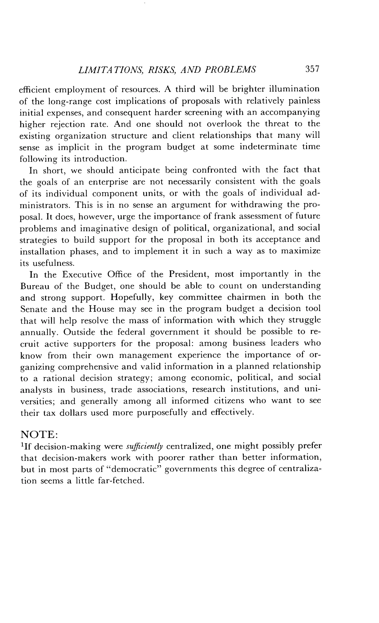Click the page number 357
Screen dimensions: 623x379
tap(312, 69)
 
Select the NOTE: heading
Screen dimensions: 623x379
tap(39, 434)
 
